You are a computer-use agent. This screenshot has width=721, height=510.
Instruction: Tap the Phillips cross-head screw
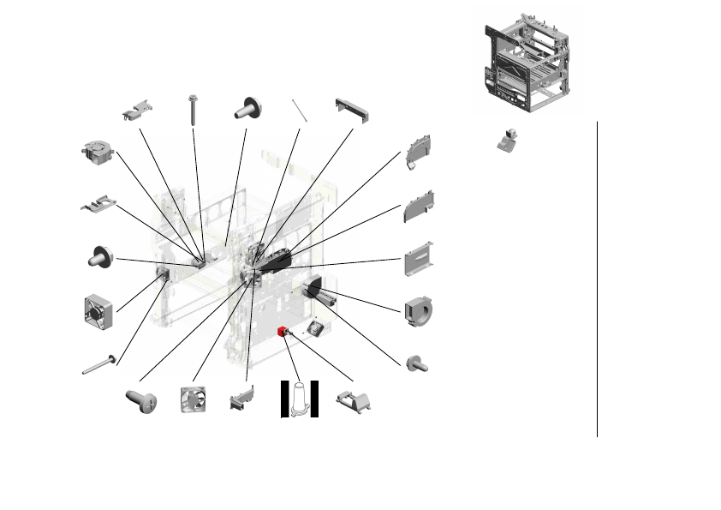pos(140,400)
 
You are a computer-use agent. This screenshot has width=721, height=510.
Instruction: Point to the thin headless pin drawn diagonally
pos(298,111)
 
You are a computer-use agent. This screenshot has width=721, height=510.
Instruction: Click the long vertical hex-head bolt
pos(194,110)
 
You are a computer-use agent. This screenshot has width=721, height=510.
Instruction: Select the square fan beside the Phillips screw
pos(192,399)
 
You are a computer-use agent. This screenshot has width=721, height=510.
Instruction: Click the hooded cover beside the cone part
pos(355,400)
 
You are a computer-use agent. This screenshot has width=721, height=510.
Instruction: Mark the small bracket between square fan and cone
pos(242,399)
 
